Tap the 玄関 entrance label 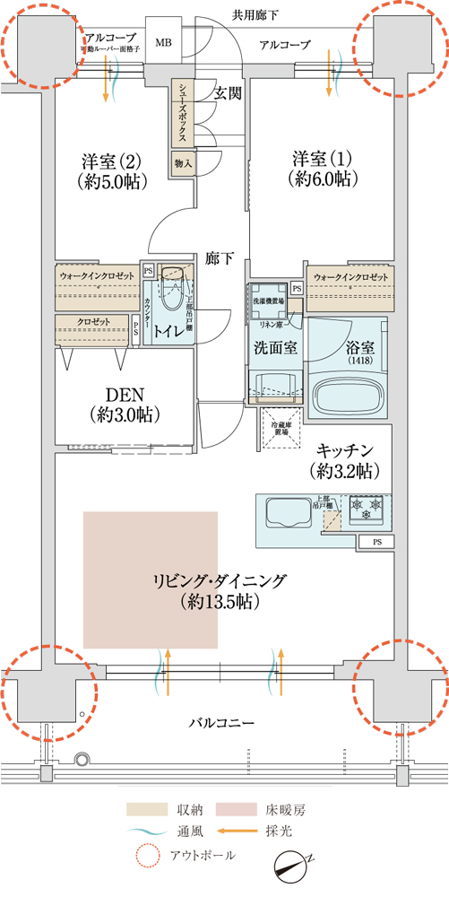pos(228,92)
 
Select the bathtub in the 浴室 pos(350,396)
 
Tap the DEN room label pos(125,405)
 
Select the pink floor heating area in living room pos(151,579)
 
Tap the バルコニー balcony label pos(222,722)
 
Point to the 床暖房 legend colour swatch pos(237,810)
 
